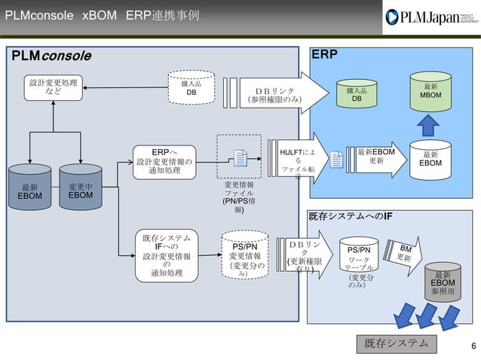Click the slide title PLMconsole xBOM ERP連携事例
(x=102, y=16)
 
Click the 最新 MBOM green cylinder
(x=430, y=91)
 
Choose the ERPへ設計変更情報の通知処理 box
(x=164, y=160)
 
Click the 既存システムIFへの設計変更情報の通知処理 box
(x=166, y=255)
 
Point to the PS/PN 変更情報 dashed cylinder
(x=244, y=257)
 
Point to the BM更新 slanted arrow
(x=406, y=253)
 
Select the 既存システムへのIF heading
(x=350, y=217)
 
